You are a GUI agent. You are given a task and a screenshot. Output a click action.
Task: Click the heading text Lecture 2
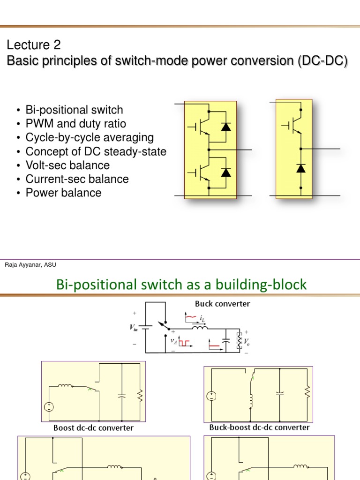(33, 45)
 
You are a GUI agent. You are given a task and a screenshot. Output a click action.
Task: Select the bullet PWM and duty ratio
(75, 124)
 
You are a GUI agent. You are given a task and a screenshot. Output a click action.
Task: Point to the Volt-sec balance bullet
(67, 165)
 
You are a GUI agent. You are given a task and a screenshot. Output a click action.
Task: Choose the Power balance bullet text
(63, 193)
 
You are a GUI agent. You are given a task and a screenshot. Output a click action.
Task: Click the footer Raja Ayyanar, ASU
(30, 265)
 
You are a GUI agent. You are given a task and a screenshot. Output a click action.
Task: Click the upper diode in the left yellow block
(226, 126)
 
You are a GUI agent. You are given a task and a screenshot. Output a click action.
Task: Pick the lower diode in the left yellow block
(226, 172)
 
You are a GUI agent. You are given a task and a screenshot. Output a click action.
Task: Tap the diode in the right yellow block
(300, 168)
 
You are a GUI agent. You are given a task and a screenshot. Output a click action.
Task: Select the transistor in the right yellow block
(293, 125)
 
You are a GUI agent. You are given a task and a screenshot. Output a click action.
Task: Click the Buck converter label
(222, 304)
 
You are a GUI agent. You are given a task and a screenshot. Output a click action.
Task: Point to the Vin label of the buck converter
(135, 329)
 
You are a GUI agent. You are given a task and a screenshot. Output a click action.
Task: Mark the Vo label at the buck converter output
(248, 342)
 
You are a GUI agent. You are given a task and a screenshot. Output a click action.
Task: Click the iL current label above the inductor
(202, 319)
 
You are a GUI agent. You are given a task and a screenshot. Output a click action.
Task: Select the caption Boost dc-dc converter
(93, 428)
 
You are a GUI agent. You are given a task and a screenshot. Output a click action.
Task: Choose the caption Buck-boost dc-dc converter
(259, 427)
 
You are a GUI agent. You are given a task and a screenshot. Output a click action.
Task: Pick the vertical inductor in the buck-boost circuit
(251, 401)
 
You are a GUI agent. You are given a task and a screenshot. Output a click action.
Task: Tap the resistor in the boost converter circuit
(139, 397)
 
